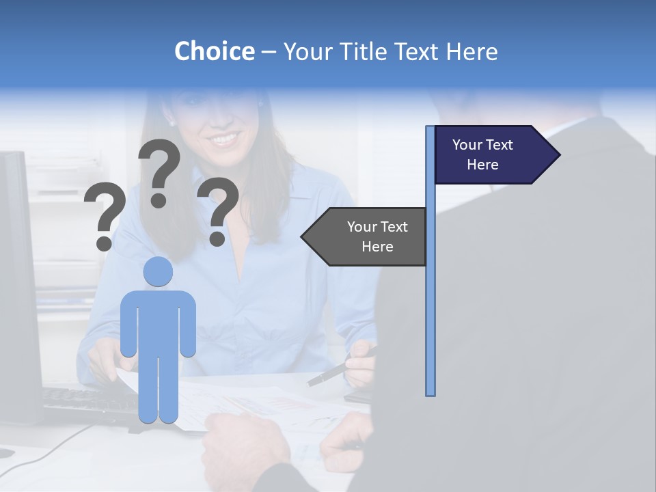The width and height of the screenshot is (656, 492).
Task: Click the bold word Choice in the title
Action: [x=214, y=51]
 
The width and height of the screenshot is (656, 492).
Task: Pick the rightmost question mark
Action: [x=218, y=210]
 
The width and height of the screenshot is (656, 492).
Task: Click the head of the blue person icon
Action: [x=158, y=271]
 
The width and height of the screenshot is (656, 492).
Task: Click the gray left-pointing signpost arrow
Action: [x=369, y=236]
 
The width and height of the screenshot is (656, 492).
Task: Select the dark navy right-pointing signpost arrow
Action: [x=489, y=154]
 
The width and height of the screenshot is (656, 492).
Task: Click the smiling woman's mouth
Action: [x=224, y=139]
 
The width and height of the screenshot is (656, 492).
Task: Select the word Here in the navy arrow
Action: [x=482, y=165]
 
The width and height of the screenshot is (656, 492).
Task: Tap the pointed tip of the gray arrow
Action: [x=303, y=236]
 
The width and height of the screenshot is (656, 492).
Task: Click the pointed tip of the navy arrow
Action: [x=558, y=154]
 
